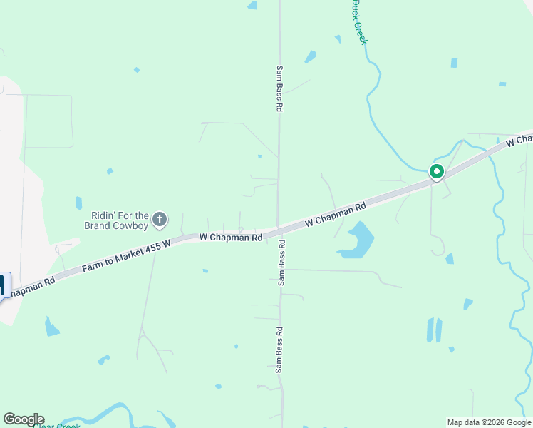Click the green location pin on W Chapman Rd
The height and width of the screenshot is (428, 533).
[436, 172]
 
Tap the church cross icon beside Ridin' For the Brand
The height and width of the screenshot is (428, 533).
[160, 220]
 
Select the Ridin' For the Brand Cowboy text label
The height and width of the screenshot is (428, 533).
[120, 220]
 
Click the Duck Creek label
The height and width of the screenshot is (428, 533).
[358, 22]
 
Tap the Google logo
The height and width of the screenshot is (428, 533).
[24, 419]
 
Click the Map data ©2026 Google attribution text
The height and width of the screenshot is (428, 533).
[489, 422]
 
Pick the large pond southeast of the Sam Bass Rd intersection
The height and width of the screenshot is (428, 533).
[357, 240]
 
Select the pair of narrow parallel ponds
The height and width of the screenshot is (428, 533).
[433, 330]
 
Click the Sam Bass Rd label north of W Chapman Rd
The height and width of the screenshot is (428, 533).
[280, 89]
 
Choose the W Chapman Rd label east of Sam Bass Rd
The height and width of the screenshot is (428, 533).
[335, 214]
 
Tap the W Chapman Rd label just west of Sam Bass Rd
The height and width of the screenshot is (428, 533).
[231, 236]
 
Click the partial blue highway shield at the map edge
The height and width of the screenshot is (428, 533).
[4, 285]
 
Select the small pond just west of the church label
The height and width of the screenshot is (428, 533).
[78, 203]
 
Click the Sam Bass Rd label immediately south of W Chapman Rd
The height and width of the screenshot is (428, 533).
[282, 263]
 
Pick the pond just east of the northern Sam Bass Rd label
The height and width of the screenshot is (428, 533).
[310, 57]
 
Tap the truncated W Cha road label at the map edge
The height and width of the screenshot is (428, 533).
[519, 139]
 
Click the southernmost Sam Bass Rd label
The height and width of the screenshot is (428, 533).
[279, 350]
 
